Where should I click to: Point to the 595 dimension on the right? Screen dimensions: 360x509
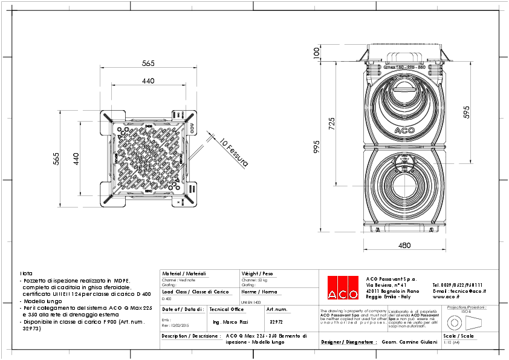[x=466, y=113]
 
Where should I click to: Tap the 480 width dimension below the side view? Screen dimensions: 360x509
[x=404, y=245]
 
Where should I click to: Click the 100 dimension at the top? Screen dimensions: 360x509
[x=316, y=54]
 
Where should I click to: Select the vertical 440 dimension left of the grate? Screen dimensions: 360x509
[x=77, y=159]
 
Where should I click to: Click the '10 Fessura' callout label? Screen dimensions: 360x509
[x=233, y=152]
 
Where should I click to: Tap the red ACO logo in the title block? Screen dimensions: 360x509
[x=343, y=287]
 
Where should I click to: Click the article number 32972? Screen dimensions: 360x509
[x=276, y=322]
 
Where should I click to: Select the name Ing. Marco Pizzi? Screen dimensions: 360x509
[x=231, y=322]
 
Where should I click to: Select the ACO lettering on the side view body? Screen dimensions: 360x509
[x=404, y=129]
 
